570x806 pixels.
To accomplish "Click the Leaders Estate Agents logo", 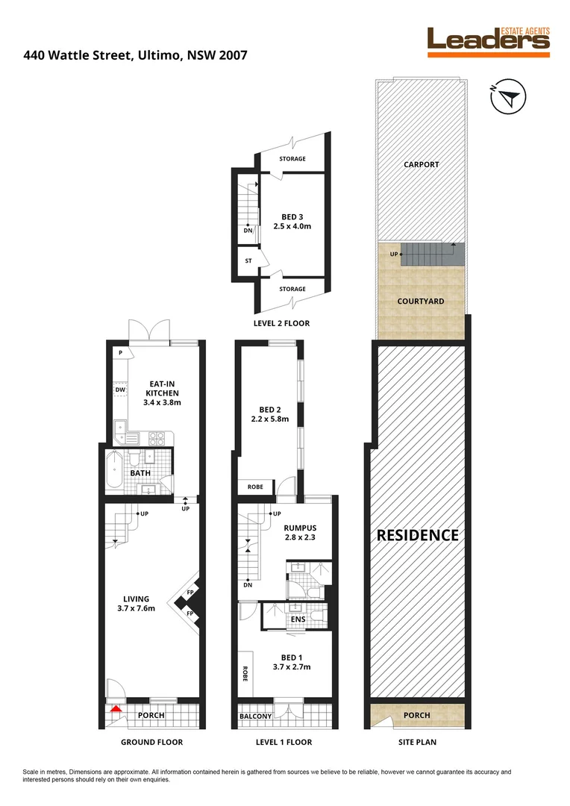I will click(488, 42).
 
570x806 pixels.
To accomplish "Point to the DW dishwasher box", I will click(120, 390).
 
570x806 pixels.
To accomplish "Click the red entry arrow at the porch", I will click(115, 709).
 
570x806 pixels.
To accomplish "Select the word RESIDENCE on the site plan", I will click(416, 535).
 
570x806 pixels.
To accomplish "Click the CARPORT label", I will click(421, 165).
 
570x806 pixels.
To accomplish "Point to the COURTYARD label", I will click(422, 302).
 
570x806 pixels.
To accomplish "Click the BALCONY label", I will click(255, 716).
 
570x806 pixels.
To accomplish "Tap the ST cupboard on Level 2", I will click(247, 261).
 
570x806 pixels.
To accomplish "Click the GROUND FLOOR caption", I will click(151, 743).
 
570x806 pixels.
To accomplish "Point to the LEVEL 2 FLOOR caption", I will click(282, 323).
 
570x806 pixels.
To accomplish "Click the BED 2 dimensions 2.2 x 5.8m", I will click(270, 419).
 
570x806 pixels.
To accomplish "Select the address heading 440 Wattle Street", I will click(135, 54).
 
